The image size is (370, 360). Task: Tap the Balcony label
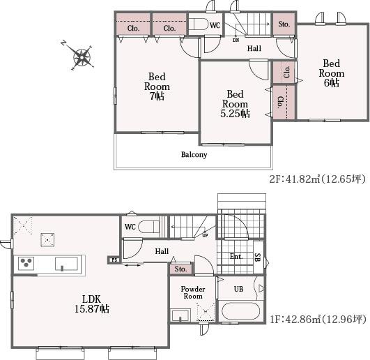click(x=194, y=155)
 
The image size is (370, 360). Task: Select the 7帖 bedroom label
click(x=157, y=87)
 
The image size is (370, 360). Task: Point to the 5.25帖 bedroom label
click(x=235, y=104)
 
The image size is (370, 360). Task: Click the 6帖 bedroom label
click(x=332, y=73)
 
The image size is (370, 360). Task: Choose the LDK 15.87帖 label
click(x=91, y=303)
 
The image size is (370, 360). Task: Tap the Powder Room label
click(x=193, y=292)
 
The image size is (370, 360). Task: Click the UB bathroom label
click(x=238, y=289)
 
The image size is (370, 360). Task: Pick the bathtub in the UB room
click(x=240, y=311)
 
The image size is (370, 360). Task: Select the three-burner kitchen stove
click(x=26, y=264)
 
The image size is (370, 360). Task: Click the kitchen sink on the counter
click(x=66, y=264)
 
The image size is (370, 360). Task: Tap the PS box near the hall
click(x=114, y=260)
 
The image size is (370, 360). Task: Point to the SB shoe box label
click(x=258, y=257)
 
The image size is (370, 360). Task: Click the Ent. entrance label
click(x=236, y=256)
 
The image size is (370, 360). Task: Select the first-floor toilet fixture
click(x=148, y=227)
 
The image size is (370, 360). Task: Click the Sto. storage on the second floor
click(x=284, y=24)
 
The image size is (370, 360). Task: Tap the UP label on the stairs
click(x=205, y=236)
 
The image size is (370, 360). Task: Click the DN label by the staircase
click(x=236, y=40)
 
